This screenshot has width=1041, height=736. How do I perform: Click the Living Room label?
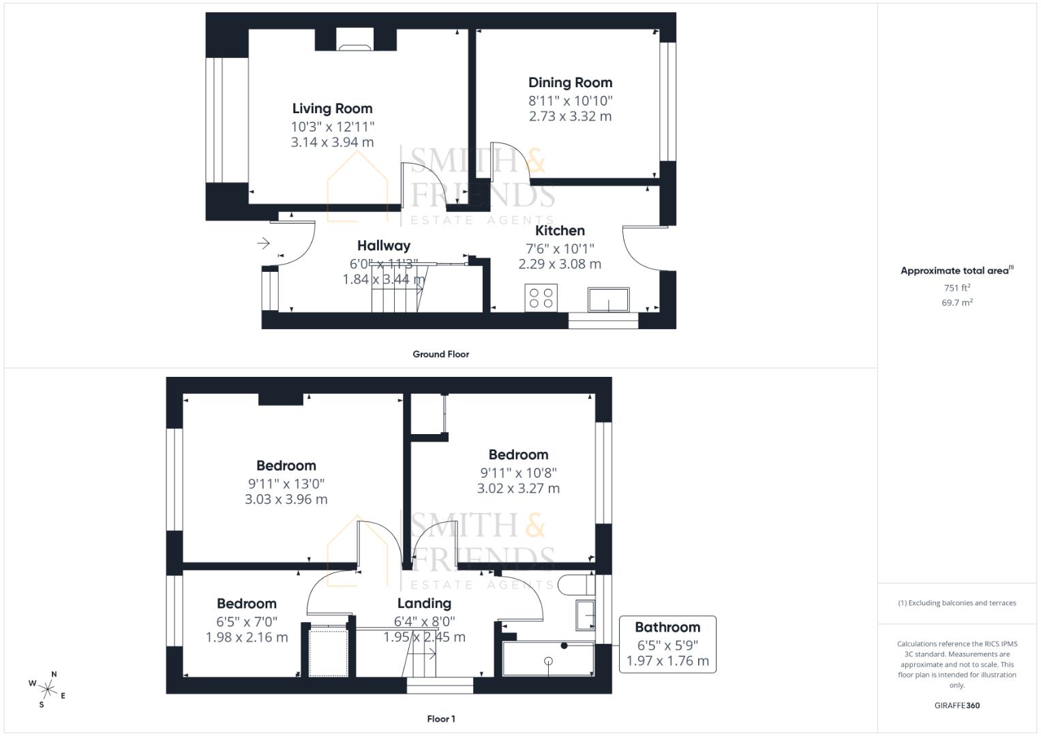pos(332,108)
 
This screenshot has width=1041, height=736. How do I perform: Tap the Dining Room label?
pos(570,82)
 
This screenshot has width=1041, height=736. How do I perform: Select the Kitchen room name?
pos(560,230)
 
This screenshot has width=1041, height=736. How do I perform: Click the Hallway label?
pos(384,245)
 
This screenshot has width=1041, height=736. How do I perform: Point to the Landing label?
pos(424,603)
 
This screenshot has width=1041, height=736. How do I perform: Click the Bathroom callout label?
pos(667,627)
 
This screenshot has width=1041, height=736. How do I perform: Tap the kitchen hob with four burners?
pos(541,298)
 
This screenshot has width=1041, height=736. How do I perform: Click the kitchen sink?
pos(608,300)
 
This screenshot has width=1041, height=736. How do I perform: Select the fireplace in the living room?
pos(355,46)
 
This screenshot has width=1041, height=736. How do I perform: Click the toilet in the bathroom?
pos(573,585)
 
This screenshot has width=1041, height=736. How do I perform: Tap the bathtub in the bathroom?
pos(548,659)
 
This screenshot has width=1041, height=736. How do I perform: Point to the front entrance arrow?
pos(264,243)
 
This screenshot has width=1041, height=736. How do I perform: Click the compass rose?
pos(48,688)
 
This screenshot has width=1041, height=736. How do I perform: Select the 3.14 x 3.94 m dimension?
pos(332,142)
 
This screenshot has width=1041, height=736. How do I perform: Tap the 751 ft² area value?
pos(956,288)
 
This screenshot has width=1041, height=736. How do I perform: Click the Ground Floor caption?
pos(440,354)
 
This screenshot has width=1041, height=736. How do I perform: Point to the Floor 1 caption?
pos(440,719)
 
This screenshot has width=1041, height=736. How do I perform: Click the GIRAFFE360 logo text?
pos(956,705)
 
